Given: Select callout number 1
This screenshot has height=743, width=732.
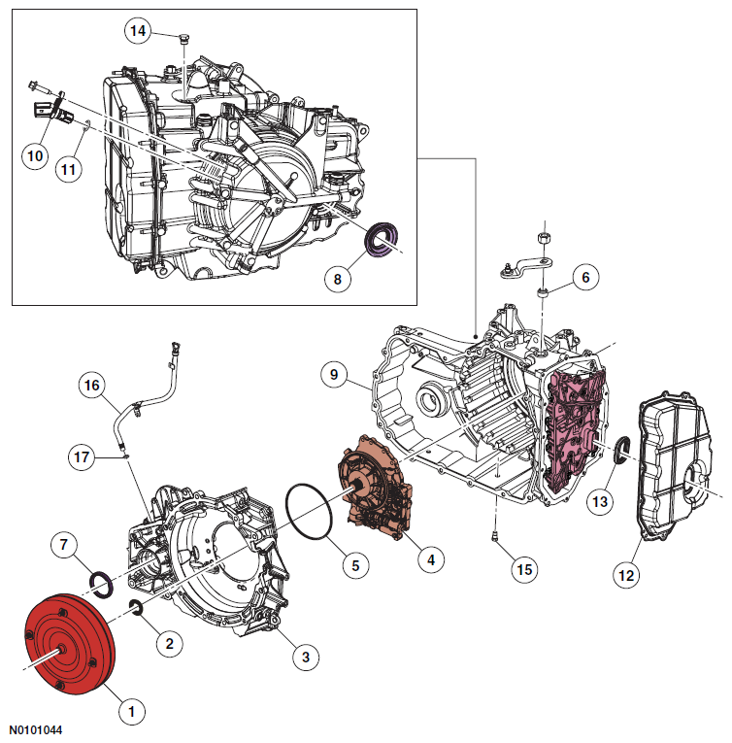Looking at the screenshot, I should [x=130, y=711].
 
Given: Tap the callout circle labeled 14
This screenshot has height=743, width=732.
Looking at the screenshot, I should [x=139, y=31].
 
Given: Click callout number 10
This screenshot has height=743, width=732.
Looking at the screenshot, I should [x=35, y=154].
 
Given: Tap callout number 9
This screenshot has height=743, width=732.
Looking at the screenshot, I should [x=333, y=374].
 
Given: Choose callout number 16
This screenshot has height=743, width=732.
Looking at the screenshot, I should [x=92, y=386].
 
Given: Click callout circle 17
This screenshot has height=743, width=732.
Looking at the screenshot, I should [x=83, y=455].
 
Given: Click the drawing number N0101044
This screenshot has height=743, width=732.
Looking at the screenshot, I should [x=38, y=727].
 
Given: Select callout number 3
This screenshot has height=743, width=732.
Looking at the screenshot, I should [x=305, y=658].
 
